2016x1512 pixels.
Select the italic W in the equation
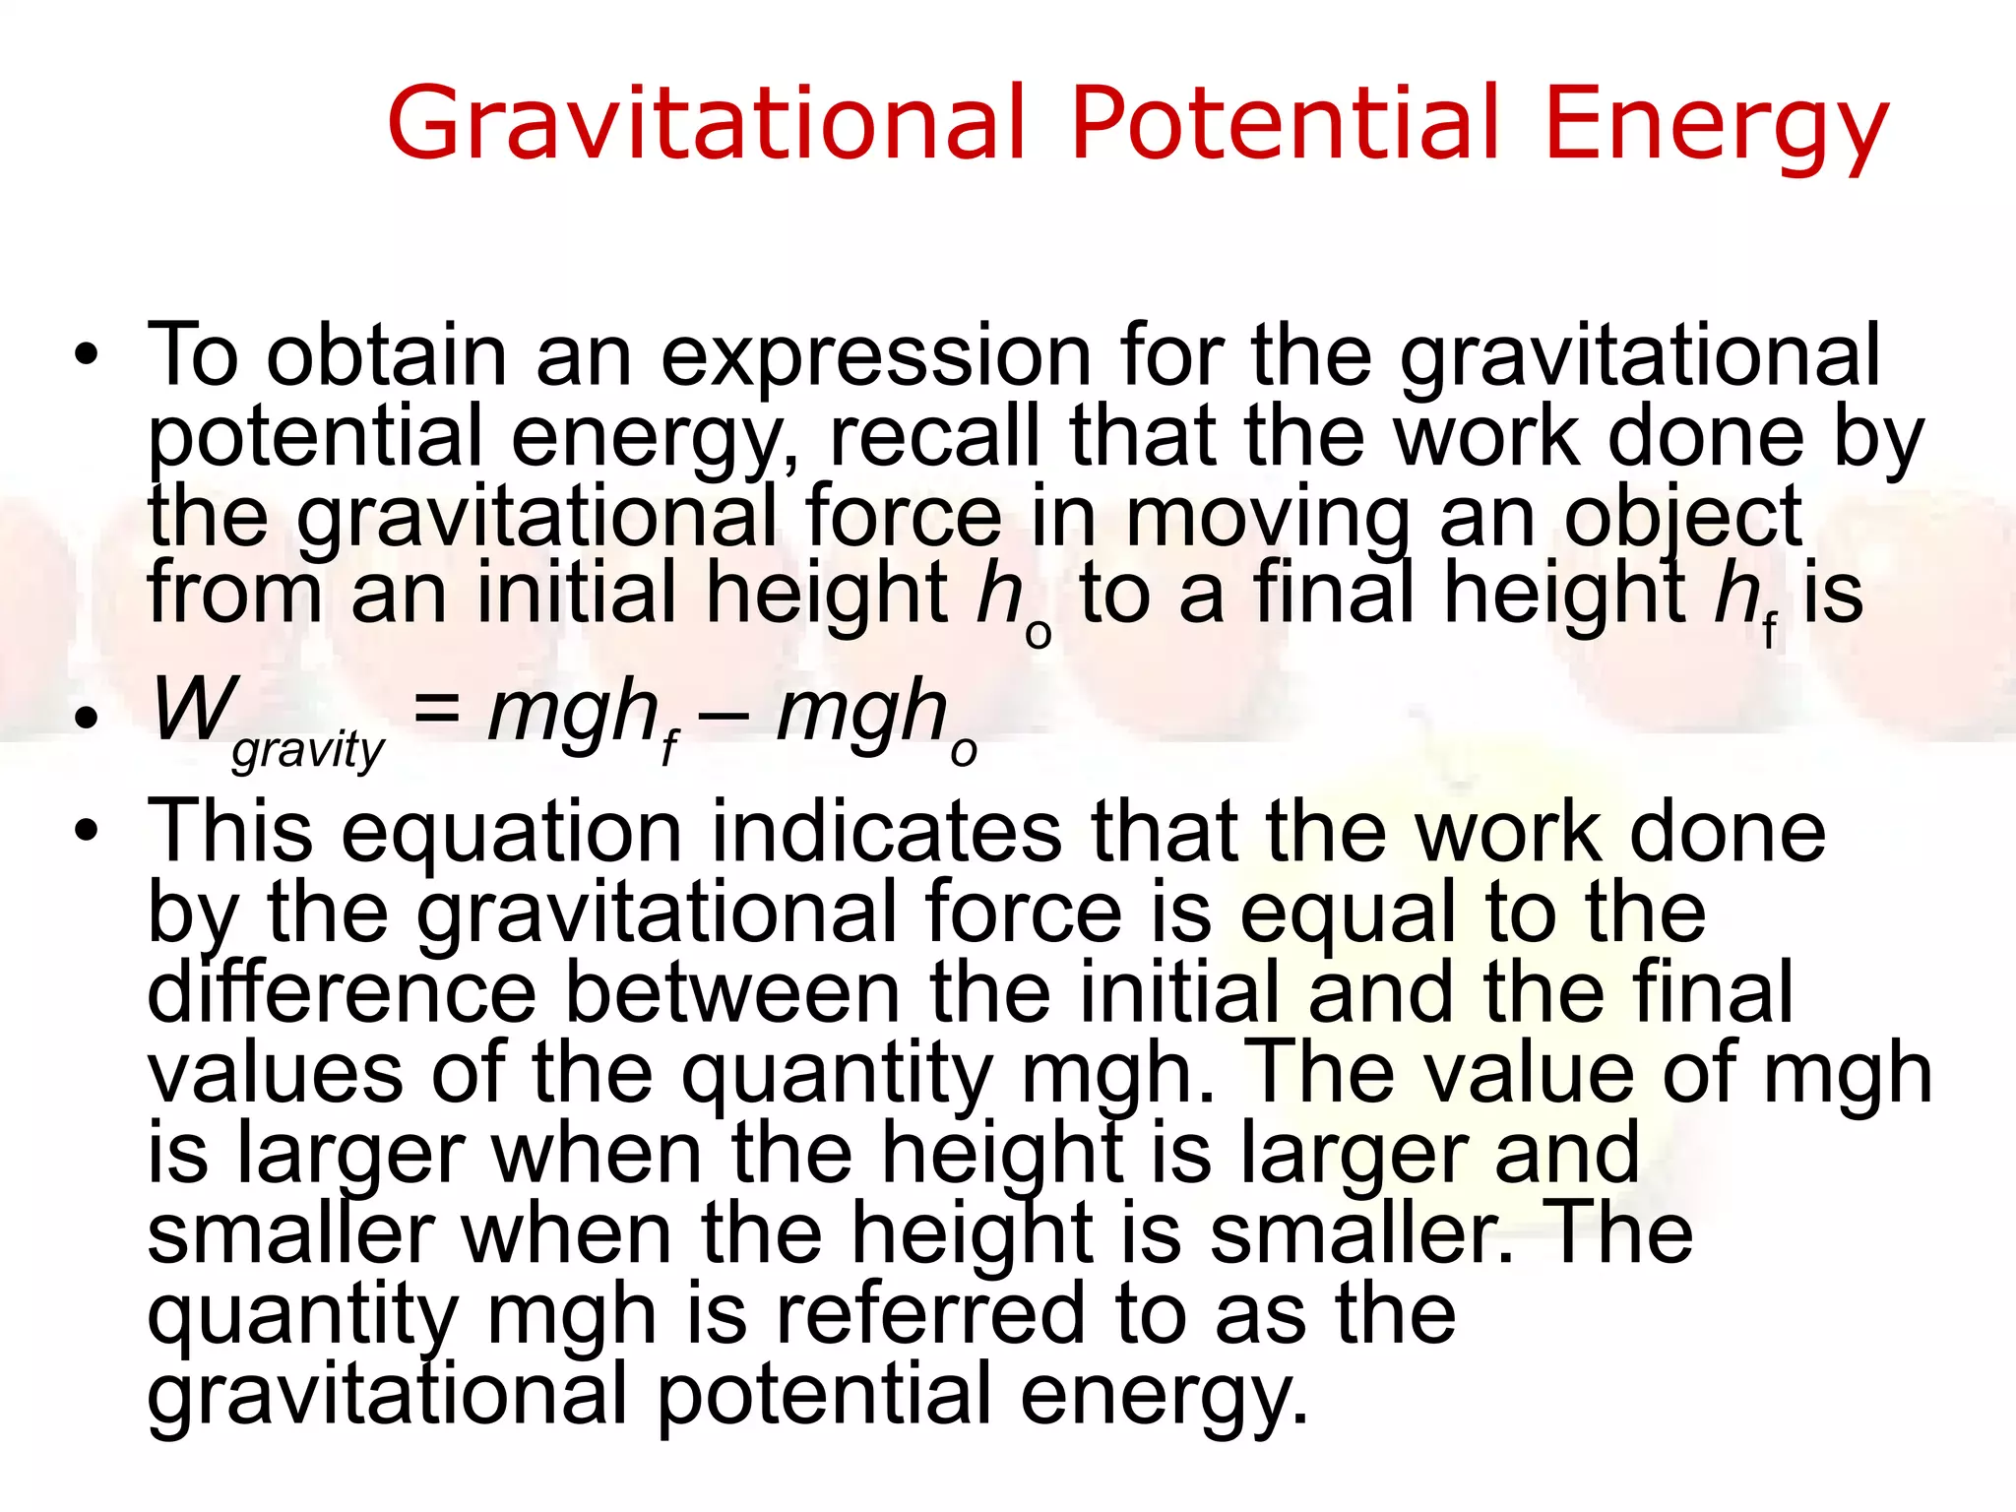coord(194,710)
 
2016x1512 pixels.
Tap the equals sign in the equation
coord(436,709)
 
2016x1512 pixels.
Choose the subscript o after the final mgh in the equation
coord(964,753)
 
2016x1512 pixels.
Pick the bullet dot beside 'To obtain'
coord(87,355)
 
